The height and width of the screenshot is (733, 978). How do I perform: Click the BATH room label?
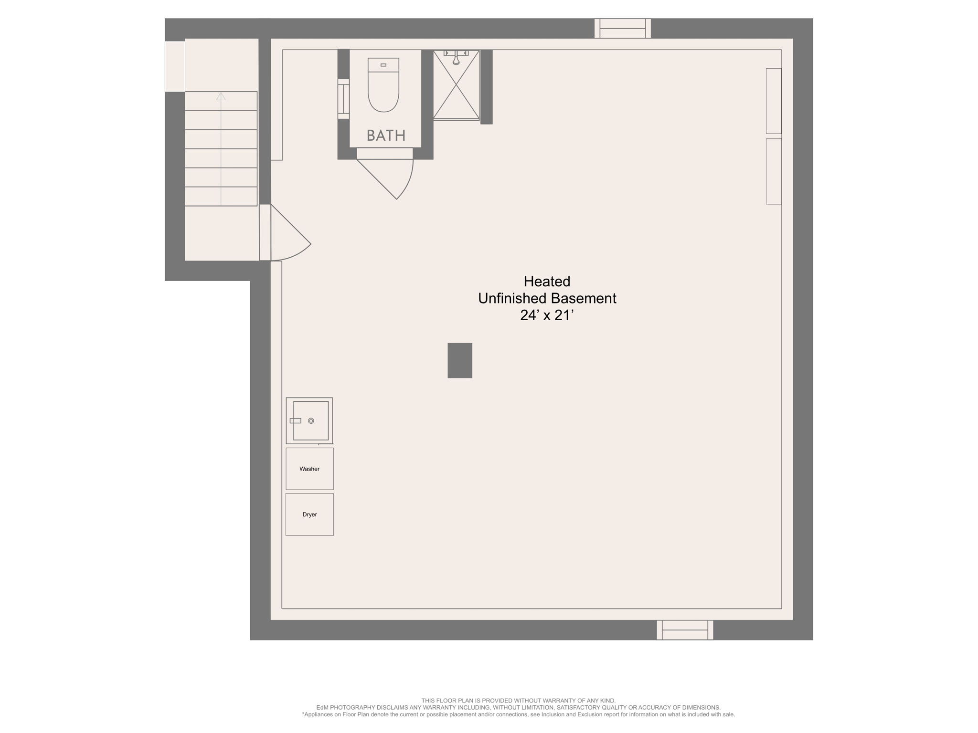386,136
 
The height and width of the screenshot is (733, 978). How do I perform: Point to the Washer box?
309,469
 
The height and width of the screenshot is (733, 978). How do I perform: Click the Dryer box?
309,514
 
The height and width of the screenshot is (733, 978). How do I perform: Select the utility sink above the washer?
309,421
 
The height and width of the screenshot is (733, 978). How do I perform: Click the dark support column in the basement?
460,360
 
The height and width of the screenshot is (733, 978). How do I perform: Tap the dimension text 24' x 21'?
546,315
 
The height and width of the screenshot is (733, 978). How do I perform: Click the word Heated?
547,281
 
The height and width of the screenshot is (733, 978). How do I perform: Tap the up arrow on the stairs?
221,96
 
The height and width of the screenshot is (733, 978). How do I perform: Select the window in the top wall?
623,28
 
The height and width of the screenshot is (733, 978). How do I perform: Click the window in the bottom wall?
685,630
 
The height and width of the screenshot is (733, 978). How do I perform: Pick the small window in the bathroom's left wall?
343,99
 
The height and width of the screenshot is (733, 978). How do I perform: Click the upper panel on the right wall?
774,101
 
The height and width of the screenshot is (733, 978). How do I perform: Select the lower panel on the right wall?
774,171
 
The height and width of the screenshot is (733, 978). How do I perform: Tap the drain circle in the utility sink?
311,420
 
